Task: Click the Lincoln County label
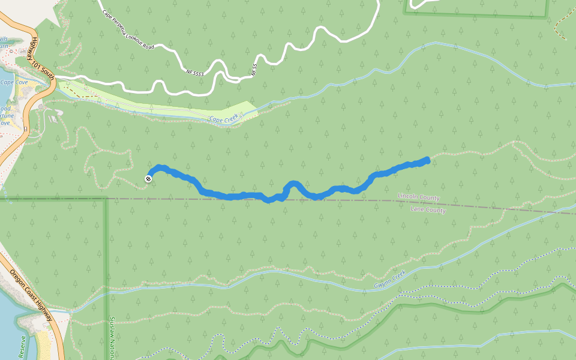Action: [419, 197]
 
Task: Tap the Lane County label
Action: [428, 211]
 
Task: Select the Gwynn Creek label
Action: [390, 278]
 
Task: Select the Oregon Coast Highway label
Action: [30, 295]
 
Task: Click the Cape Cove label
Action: [13, 83]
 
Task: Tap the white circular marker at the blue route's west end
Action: [148, 178]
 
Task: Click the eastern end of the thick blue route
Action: [427, 160]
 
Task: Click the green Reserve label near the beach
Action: [23, 347]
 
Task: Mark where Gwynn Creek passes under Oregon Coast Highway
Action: [68, 311]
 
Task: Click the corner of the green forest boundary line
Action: [107, 199]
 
